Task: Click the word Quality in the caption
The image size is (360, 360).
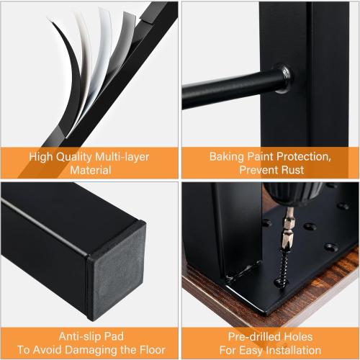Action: (x=73, y=157)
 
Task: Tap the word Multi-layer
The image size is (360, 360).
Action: (x=122, y=157)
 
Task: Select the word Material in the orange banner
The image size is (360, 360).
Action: (x=91, y=170)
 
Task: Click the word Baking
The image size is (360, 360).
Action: (x=227, y=157)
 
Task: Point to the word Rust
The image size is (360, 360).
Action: (x=292, y=170)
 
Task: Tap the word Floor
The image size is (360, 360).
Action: (x=152, y=350)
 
